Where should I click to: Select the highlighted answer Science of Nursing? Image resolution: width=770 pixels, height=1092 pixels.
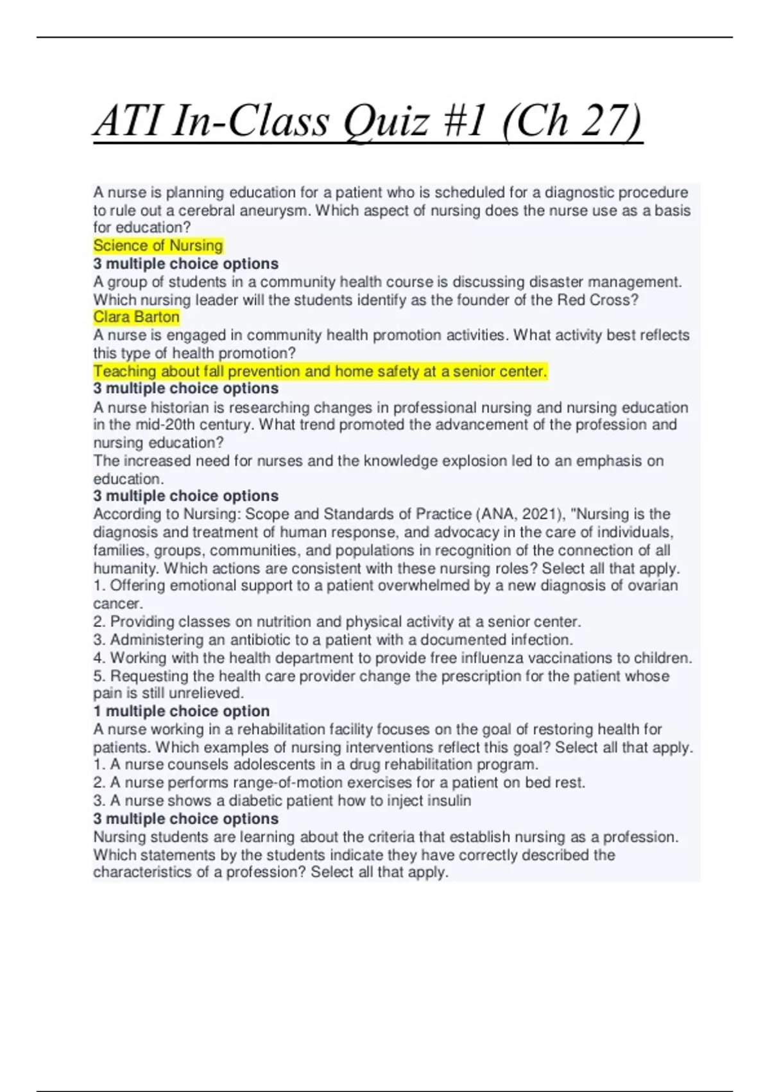[x=158, y=245]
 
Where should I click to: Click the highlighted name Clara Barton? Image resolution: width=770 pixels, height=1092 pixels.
[x=136, y=317]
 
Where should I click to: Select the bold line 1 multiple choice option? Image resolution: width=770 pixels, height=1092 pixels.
[x=181, y=711]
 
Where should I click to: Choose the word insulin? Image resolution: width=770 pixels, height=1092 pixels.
[x=449, y=801]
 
